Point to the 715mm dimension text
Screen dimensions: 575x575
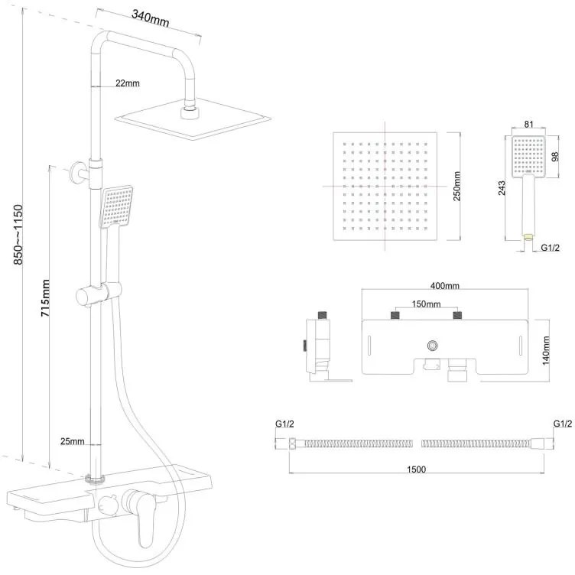coord(46,298)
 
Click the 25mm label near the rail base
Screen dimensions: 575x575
coord(72,441)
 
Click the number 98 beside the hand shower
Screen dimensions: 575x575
coord(555,157)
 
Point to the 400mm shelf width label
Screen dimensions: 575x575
coord(444,286)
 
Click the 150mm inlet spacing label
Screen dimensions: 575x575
coord(426,304)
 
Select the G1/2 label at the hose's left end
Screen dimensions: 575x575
coord(285,423)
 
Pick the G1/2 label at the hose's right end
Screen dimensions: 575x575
coord(563,423)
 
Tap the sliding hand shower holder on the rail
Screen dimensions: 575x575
coord(99,292)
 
